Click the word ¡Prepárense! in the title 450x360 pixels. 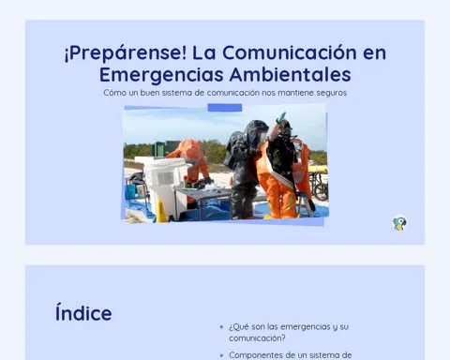tap(126, 52)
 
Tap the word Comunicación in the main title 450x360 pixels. tap(290, 52)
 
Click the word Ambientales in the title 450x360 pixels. tap(290, 74)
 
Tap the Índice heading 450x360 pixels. tap(83, 312)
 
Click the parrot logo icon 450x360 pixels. tap(399, 223)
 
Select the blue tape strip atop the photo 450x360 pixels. tap(225, 108)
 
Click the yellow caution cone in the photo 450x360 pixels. tap(161, 211)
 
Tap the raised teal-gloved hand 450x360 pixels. tap(280, 117)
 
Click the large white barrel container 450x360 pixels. tap(163, 185)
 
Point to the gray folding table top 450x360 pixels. tap(202, 191)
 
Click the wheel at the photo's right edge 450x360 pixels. tap(322, 191)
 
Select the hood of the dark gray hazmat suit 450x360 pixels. tap(256, 133)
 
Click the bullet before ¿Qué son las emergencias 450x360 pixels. tap(221, 327)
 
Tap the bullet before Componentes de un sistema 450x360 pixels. tap(221, 355)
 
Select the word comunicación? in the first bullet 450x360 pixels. tap(257, 338)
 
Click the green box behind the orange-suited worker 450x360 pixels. tap(165, 149)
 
